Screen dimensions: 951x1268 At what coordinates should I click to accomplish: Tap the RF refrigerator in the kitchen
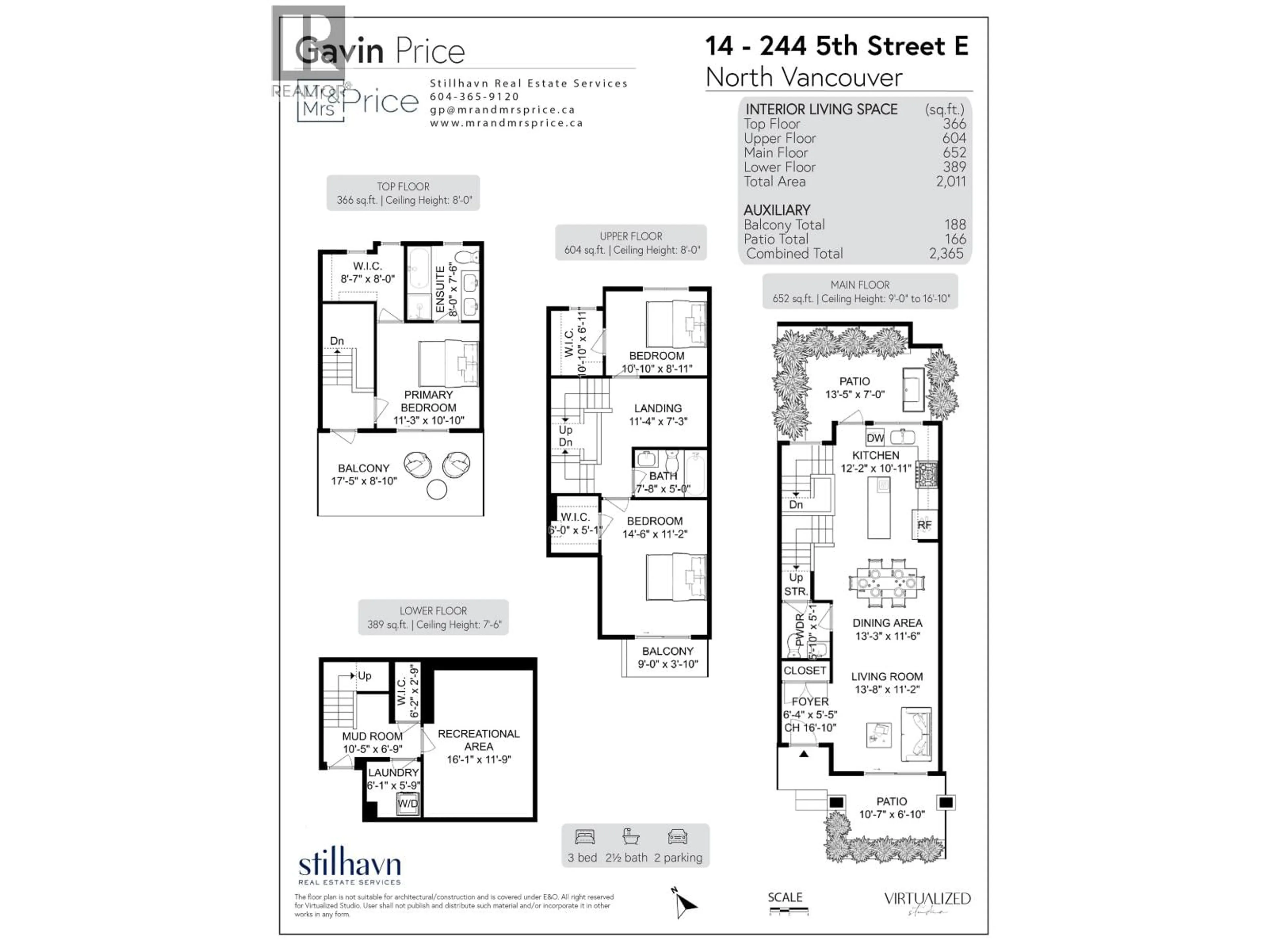click(x=924, y=524)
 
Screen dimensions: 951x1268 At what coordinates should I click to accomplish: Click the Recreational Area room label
click(x=479, y=740)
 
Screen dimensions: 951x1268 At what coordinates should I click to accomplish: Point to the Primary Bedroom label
click(x=428, y=401)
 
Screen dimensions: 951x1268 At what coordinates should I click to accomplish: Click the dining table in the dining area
click(x=886, y=582)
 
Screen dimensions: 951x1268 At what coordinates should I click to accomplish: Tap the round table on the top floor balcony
click(x=437, y=490)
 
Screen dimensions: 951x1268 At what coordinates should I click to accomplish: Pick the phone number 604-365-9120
click(x=474, y=97)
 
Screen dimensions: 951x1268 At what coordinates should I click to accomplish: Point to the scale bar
click(x=788, y=910)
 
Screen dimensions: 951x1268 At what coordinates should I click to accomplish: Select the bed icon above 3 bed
click(x=585, y=837)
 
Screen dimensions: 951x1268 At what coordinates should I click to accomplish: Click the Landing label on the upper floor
click(x=657, y=408)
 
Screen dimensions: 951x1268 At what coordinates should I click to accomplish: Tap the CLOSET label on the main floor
click(x=804, y=670)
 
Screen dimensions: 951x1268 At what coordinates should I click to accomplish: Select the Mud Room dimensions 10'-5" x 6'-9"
click(x=372, y=749)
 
